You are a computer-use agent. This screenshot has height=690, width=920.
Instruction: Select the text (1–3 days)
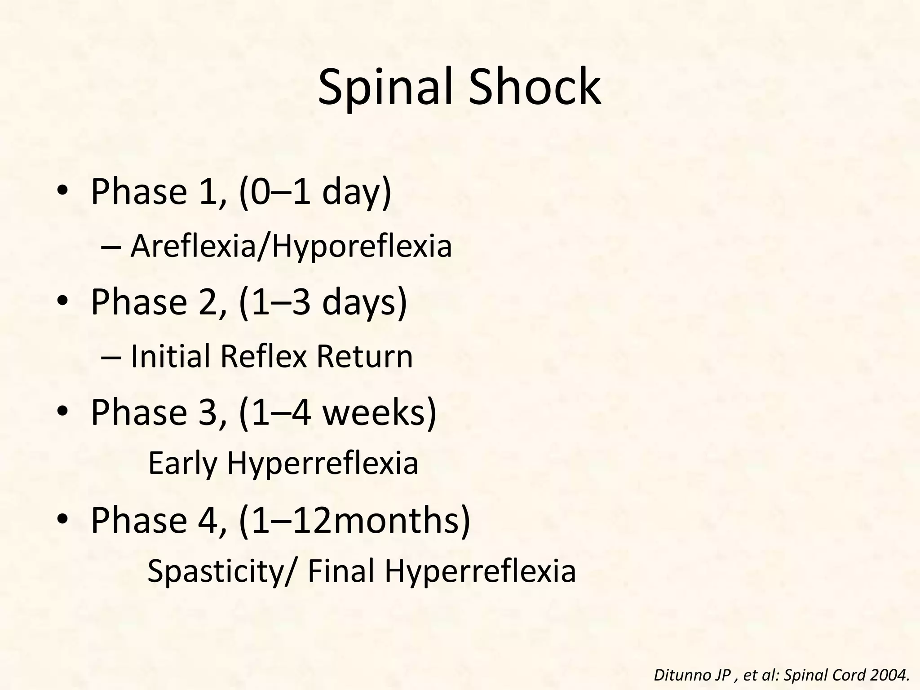pos(323,302)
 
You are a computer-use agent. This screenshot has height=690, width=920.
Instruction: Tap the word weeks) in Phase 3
pos(380,412)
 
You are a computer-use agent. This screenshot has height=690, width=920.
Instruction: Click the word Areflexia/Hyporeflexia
pos(291,247)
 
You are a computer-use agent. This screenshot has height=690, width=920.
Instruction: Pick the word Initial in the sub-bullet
pos(171,356)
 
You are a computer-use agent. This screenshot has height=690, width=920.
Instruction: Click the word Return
pos(364,356)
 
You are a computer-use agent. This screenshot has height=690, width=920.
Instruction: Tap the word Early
pos(182,464)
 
